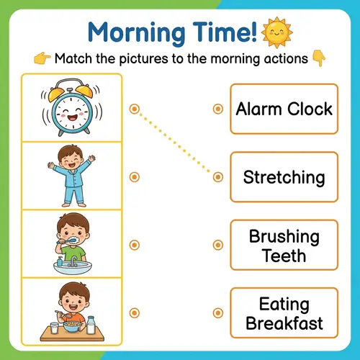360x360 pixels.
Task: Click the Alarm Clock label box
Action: [283, 109]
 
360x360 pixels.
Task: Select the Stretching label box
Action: [283, 177]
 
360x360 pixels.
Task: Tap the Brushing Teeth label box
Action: [283, 246]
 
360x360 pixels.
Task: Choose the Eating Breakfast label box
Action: [283, 313]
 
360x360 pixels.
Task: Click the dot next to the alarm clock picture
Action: [134, 109]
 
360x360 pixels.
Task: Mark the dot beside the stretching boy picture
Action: [134, 177]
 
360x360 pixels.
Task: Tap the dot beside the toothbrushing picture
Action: [134, 245]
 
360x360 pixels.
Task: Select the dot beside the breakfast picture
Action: [134, 312]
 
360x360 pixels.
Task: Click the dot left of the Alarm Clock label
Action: [217, 109]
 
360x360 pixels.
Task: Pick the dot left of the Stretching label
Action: [217, 177]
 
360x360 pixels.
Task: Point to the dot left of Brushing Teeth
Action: [217, 245]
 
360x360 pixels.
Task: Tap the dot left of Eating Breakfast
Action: [217, 312]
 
